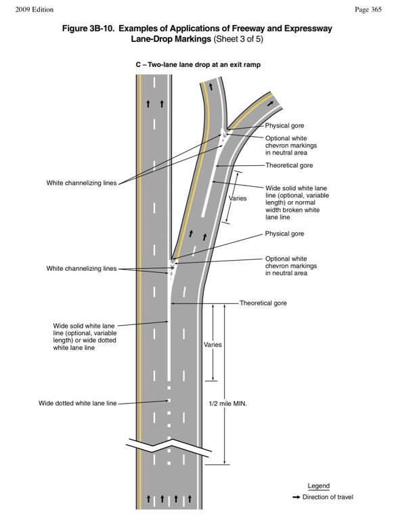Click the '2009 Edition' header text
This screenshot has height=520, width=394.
click(34, 9)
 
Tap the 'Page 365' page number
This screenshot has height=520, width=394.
click(368, 9)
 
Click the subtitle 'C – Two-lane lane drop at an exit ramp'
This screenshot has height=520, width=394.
click(198, 64)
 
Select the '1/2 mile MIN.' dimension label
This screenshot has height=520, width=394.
click(228, 404)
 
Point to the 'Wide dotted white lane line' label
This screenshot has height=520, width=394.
click(78, 404)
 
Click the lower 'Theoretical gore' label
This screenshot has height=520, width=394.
click(263, 303)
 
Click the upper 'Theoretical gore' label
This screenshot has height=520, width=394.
click(289, 165)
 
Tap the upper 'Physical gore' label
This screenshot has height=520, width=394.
click(284, 126)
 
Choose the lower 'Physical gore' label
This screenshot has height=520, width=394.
click(284, 234)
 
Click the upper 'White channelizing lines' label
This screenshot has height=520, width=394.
click(82, 183)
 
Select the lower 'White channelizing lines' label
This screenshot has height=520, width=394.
click(82, 268)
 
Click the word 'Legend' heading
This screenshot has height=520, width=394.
click(319, 486)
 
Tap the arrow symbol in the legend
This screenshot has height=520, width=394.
click(296, 497)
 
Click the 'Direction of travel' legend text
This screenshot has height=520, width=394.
click(328, 497)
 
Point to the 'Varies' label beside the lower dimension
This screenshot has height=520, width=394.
click(213, 345)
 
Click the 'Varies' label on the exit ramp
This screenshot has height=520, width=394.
click(238, 198)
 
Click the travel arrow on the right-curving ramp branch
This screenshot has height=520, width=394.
click(271, 104)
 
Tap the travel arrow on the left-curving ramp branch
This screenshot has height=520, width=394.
click(211, 87)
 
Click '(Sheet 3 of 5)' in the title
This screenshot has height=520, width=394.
click(238, 39)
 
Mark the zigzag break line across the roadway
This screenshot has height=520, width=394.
click(169, 447)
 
